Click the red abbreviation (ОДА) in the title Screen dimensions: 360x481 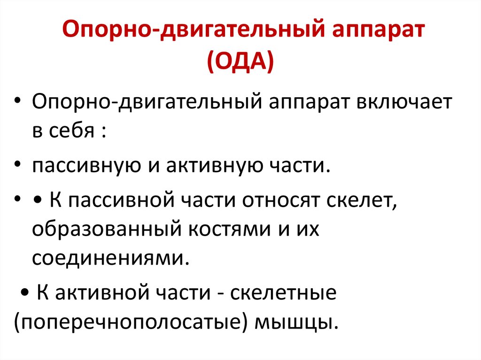(240, 61)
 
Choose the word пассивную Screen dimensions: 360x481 (80, 167)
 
